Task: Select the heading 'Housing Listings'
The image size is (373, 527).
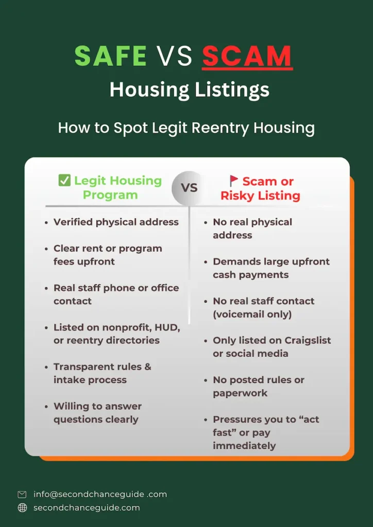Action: pos(189,90)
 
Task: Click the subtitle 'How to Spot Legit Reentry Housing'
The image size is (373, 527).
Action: pos(186,127)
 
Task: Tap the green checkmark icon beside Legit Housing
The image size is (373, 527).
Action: pos(64,181)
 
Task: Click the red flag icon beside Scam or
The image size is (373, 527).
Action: pos(234,181)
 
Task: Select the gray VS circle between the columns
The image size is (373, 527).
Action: pos(189,188)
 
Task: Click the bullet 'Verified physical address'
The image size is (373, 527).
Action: pos(116,222)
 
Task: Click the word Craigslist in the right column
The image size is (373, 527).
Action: pos(307,340)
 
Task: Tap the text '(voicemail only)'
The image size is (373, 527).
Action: pos(252,314)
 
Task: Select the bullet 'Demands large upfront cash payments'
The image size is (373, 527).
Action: pos(270,268)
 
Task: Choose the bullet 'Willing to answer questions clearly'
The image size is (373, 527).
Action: pos(97,413)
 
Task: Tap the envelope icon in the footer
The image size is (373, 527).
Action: pos(22,494)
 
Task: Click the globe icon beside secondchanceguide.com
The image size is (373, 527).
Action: pos(22,507)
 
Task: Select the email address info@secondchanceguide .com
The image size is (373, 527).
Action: pos(100,494)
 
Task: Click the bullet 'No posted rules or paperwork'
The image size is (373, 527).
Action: pos(258,387)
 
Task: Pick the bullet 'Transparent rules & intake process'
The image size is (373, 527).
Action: pos(102,373)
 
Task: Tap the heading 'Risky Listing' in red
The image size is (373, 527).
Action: pos(260,196)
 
